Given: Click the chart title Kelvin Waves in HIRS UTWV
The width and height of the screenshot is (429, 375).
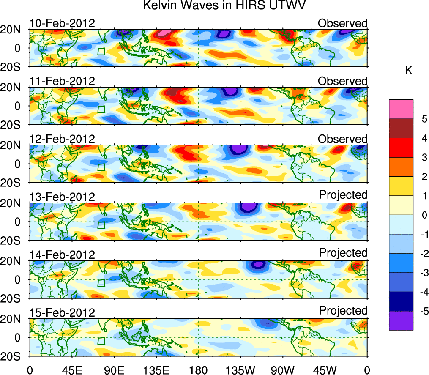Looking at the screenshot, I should [224, 6].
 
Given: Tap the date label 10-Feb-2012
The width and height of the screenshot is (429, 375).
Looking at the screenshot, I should [62, 23].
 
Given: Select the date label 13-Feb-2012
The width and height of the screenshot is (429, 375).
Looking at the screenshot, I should [62, 197].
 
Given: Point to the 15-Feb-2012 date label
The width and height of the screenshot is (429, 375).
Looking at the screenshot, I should [62, 312].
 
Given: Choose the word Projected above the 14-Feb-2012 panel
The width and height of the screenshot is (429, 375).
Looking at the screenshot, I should [343, 252].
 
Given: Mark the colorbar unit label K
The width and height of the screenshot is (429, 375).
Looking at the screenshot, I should [409, 70].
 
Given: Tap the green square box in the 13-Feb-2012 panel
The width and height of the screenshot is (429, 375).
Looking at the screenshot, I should [101, 225].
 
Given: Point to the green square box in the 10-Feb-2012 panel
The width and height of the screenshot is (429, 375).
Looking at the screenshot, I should [101, 52].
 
